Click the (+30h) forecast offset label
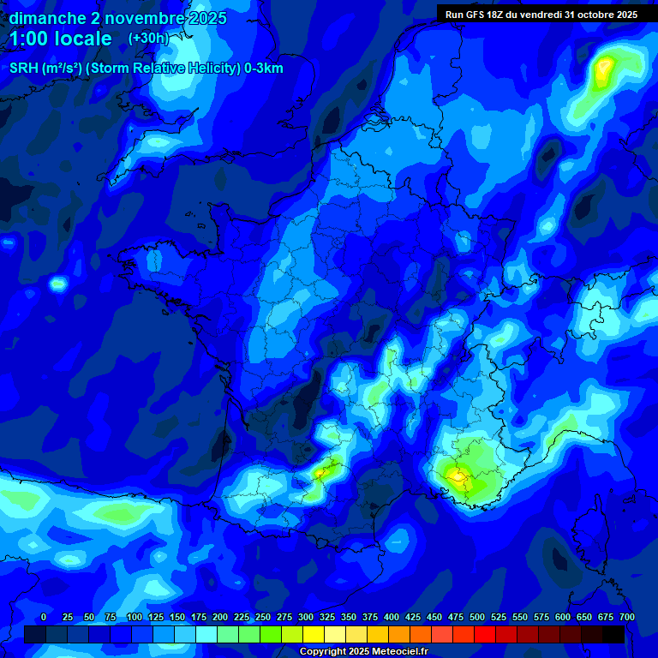tap(148, 39)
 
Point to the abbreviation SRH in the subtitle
tap(24, 69)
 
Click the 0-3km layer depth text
tap(264, 69)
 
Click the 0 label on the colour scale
tap(44, 617)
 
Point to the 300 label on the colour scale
tap(306, 617)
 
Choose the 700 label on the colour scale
tap(626, 617)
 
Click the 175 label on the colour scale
tap(199, 617)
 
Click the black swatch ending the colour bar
tap(613, 635)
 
